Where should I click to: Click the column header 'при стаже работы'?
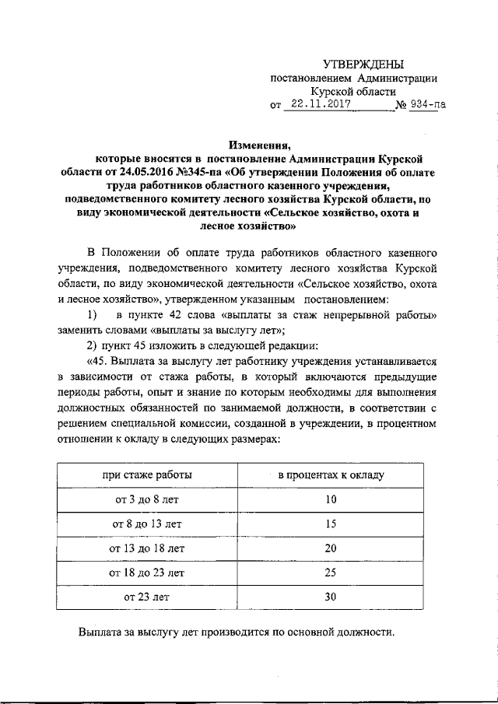pos(147,474)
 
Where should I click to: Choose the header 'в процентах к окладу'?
pos(331,474)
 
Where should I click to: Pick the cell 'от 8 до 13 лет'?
pos(147,524)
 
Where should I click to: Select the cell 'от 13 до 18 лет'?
pos(147,548)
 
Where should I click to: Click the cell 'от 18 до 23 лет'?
pos(147,573)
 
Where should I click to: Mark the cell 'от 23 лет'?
pos(147,598)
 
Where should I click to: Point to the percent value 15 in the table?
pos(331,524)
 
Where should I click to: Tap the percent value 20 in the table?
pos(331,548)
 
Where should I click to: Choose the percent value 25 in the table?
pos(331,573)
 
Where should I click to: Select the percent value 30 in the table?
pos(331,598)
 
